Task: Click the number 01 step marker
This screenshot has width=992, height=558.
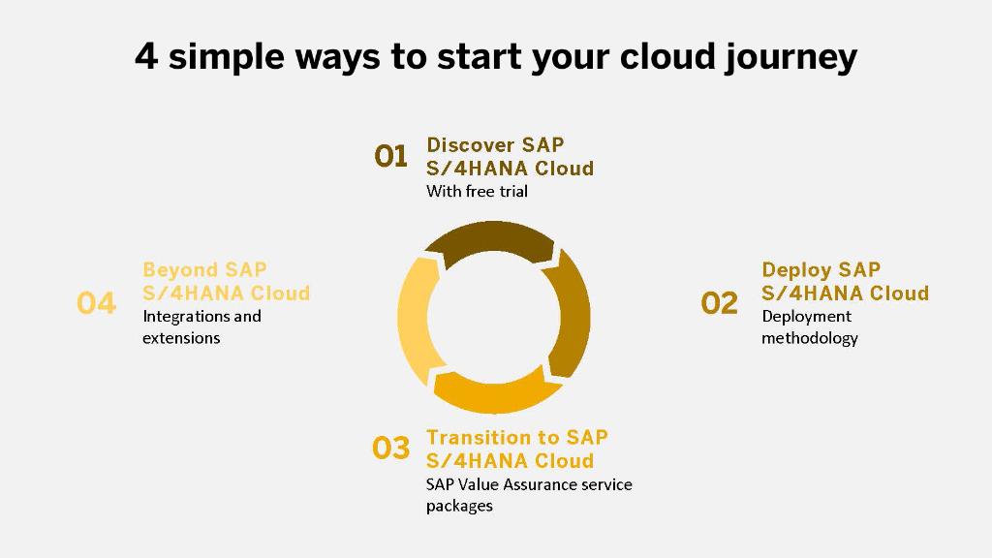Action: tap(391, 156)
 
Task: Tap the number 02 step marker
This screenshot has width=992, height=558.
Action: tap(719, 303)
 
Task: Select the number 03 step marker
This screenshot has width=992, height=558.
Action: tap(391, 449)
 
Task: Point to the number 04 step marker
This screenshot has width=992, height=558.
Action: tap(96, 303)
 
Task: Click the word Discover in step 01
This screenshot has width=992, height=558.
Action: tap(470, 145)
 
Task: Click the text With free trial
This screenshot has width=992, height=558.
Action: tap(477, 192)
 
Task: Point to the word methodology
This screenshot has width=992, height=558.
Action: tap(809, 338)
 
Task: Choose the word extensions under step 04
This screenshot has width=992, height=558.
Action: tap(181, 338)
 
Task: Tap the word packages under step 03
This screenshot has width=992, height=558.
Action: tap(459, 506)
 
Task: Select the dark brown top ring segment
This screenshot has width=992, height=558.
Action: tap(490, 241)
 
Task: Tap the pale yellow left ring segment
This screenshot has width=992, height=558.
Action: tap(417, 315)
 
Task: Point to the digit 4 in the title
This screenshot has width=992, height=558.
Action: tap(145, 56)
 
